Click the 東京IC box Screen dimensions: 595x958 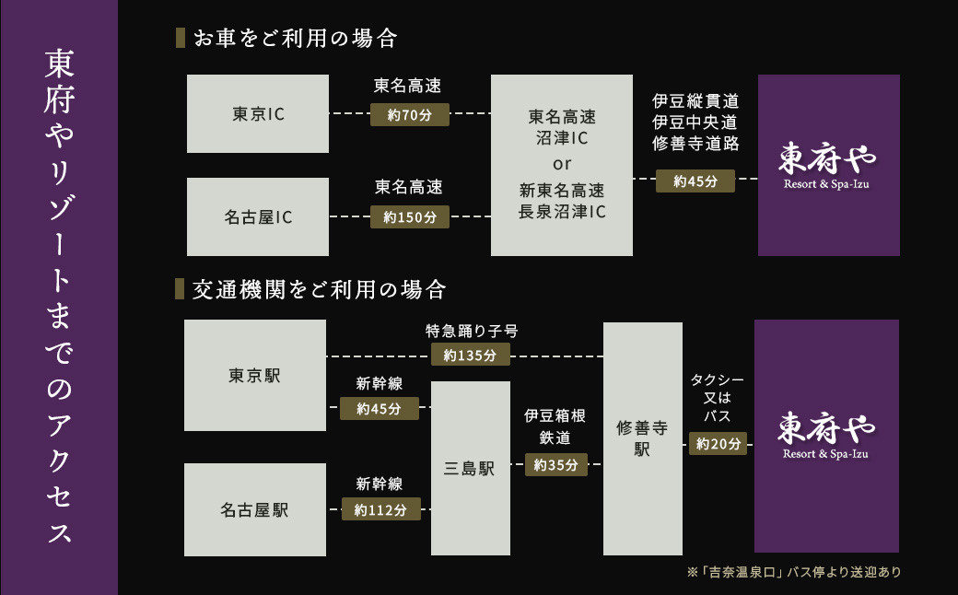coord(258,114)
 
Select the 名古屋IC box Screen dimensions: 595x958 coord(258,217)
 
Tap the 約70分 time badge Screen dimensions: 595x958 coord(410,114)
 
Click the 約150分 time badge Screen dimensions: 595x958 coord(410,217)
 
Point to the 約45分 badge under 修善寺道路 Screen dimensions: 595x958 coord(695,181)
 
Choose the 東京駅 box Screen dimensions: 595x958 coord(255,376)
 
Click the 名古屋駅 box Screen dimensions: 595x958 coord(255,509)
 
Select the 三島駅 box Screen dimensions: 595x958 coord(470,469)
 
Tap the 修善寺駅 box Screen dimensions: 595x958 coord(642,438)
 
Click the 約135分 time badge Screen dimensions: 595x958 coord(470,355)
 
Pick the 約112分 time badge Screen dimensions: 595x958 coord(380,509)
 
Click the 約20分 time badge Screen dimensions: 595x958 coord(718,444)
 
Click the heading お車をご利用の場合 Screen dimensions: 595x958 coord(295,39)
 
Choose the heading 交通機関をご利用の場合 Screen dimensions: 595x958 coord(320,290)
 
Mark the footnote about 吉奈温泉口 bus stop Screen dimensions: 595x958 coord(793,572)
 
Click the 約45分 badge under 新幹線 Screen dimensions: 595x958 coord(379,408)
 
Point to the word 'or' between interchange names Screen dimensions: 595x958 coord(562,165)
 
